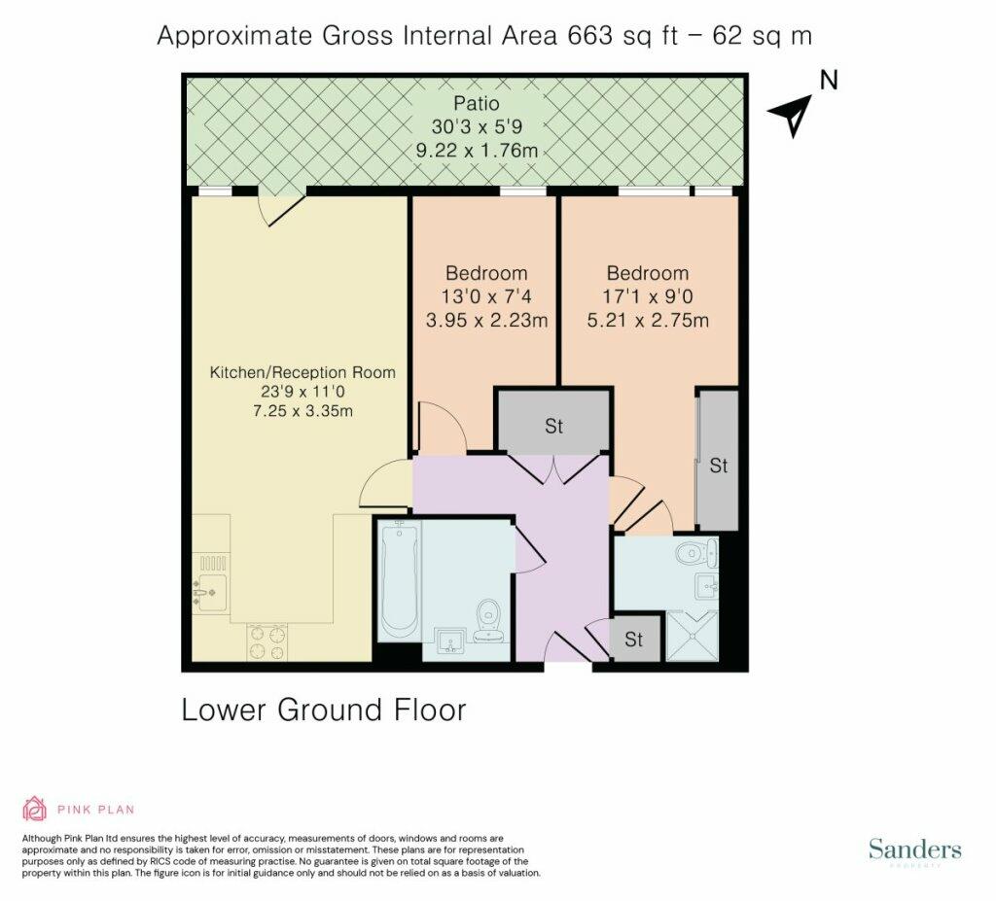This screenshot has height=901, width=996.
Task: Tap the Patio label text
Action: (477, 103)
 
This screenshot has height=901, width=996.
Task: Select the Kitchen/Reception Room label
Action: (302, 372)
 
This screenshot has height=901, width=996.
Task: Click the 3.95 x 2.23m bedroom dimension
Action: (486, 320)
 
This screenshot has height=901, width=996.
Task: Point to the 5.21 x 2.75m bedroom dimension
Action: (648, 320)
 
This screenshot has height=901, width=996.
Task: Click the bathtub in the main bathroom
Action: (399, 580)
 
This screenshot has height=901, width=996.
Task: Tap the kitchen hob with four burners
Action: (267, 642)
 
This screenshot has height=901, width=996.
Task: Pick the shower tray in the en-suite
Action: (693, 636)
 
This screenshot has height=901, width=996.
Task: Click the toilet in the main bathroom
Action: (488, 619)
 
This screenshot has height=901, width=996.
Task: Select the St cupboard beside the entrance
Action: (634, 639)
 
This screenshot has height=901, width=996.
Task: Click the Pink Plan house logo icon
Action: (35, 809)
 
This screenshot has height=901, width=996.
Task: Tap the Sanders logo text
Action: (914, 849)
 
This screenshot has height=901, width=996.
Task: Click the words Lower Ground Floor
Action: (324, 710)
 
